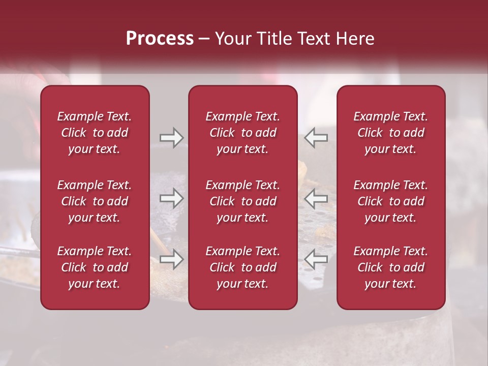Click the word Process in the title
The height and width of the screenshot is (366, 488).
tap(160, 39)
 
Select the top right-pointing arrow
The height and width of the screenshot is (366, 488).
tap(171, 138)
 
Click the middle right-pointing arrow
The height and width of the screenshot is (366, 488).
tap(171, 198)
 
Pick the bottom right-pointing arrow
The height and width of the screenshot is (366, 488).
tap(171, 259)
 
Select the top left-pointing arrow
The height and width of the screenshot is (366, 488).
tap(316, 138)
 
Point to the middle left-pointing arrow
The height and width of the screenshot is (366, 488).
tap(316, 198)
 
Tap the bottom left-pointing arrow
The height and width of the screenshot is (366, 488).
tap(316, 259)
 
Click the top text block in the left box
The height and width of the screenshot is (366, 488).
tap(95, 133)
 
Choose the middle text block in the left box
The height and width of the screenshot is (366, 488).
tap(95, 201)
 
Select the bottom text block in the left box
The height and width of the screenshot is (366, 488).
tap(95, 267)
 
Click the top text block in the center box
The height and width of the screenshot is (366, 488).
tap(242, 133)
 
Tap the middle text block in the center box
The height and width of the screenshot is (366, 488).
tap(242, 201)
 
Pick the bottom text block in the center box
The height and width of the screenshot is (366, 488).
tap(242, 267)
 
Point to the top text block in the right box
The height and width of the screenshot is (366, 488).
tap(390, 133)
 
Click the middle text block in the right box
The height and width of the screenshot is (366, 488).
tap(390, 201)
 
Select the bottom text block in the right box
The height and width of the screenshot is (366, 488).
tap(390, 267)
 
